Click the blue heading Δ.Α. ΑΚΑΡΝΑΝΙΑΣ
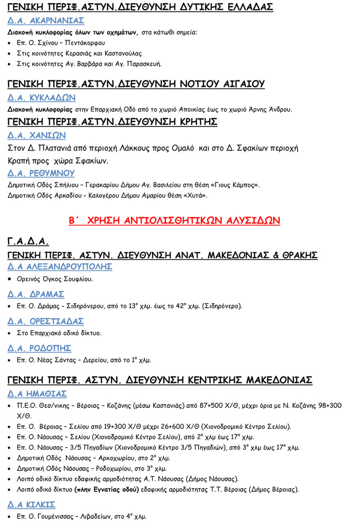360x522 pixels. click(46, 20)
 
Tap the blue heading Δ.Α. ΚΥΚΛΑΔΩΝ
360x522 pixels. click(41, 98)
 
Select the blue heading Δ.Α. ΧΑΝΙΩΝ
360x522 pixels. click(36, 135)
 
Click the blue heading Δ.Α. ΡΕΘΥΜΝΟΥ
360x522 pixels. click(41, 173)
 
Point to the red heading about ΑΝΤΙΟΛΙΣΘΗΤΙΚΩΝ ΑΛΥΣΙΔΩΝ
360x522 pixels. click(174, 221)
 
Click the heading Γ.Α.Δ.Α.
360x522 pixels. click(28, 241)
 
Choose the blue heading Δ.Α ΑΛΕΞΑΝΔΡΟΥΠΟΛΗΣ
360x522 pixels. click(60, 267)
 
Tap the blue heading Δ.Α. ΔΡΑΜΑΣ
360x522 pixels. click(36, 294)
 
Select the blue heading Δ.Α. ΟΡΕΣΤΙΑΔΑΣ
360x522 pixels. click(45, 321)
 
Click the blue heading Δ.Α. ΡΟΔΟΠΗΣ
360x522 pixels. click(39, 348)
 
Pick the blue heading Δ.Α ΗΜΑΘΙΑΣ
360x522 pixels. click(37, 394)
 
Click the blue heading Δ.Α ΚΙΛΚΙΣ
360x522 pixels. click(32, 504)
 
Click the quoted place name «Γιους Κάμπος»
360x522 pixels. click(233, 185)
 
